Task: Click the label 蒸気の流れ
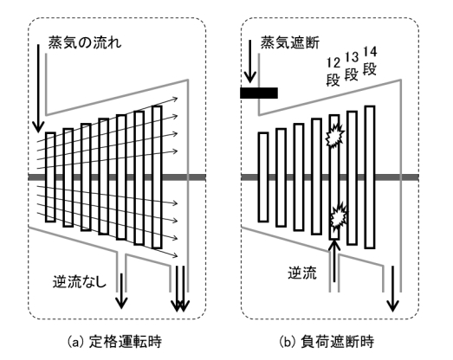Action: [x=85, y=43]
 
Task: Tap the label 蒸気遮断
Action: [x=290, y=43]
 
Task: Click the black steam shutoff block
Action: [x=259, y=93]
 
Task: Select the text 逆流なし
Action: [x=80, y=282]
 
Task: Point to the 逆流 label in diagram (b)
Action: [x=302, y=273]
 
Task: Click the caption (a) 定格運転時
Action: [x=114, y=342]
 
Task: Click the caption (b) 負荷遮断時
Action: [x=327, y=342]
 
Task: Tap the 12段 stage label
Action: [x=333, y=72]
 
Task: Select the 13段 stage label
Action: [x=352, y=67]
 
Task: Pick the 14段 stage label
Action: [x=370, y=61]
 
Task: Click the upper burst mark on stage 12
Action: [x=335, y=135]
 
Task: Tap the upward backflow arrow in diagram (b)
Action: [x=334, y=260]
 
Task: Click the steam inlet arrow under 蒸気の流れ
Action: [x=38, y=88]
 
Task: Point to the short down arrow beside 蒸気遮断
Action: [x=250, y=61]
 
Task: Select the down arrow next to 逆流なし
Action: [x=121, y=291]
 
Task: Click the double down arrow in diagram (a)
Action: [x=180, y=289]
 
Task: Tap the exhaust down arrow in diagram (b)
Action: [x=392, y=289]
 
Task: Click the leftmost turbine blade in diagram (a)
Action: [x=50, y=177]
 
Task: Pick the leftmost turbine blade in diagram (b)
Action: [x=263, y=177]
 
